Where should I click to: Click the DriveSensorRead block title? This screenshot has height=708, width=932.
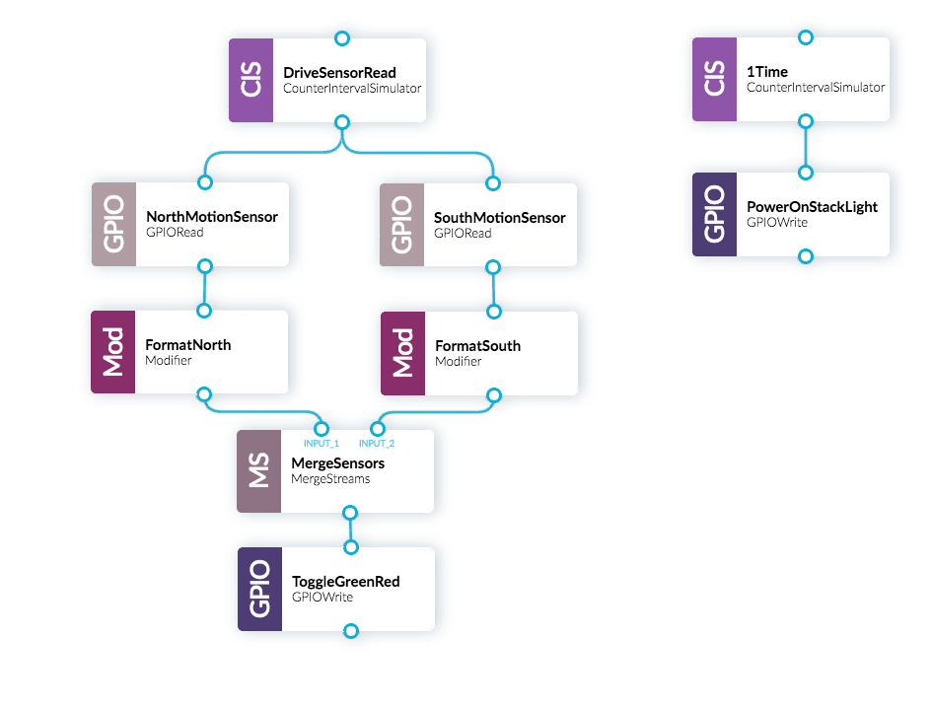click(339, 72)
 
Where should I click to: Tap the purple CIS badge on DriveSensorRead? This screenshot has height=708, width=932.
click(251, 81)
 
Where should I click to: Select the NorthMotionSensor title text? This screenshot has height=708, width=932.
click(211, 217)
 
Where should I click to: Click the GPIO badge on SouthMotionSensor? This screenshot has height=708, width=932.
click(401, 224)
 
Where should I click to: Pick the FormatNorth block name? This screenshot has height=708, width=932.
click(187, 345)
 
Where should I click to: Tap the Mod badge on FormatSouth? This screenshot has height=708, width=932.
click(402, 352)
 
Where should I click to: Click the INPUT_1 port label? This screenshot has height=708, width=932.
click(321, 444)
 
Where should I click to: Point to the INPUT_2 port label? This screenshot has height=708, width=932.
click(376, 444)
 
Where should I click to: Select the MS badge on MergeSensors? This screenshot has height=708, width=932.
click(258, 470)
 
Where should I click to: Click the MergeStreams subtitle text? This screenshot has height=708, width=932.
click(329, 478)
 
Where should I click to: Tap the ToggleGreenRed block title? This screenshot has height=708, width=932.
click(345, 582)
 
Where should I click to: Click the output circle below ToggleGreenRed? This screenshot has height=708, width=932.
click(350, 631)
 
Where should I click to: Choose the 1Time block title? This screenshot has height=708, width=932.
click(767, 72)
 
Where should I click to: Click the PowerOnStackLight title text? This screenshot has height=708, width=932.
click(812, 207)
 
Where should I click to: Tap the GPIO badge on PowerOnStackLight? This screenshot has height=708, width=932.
click(714, 215)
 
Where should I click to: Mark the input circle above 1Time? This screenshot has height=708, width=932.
click(806, 37)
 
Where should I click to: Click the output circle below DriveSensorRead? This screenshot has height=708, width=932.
click(342, 122)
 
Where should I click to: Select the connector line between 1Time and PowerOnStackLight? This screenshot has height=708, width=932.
click(806, 147)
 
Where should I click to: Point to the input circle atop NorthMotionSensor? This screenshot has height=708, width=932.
click(205, 182)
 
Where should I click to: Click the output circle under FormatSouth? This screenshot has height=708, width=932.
click(494, 395)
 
